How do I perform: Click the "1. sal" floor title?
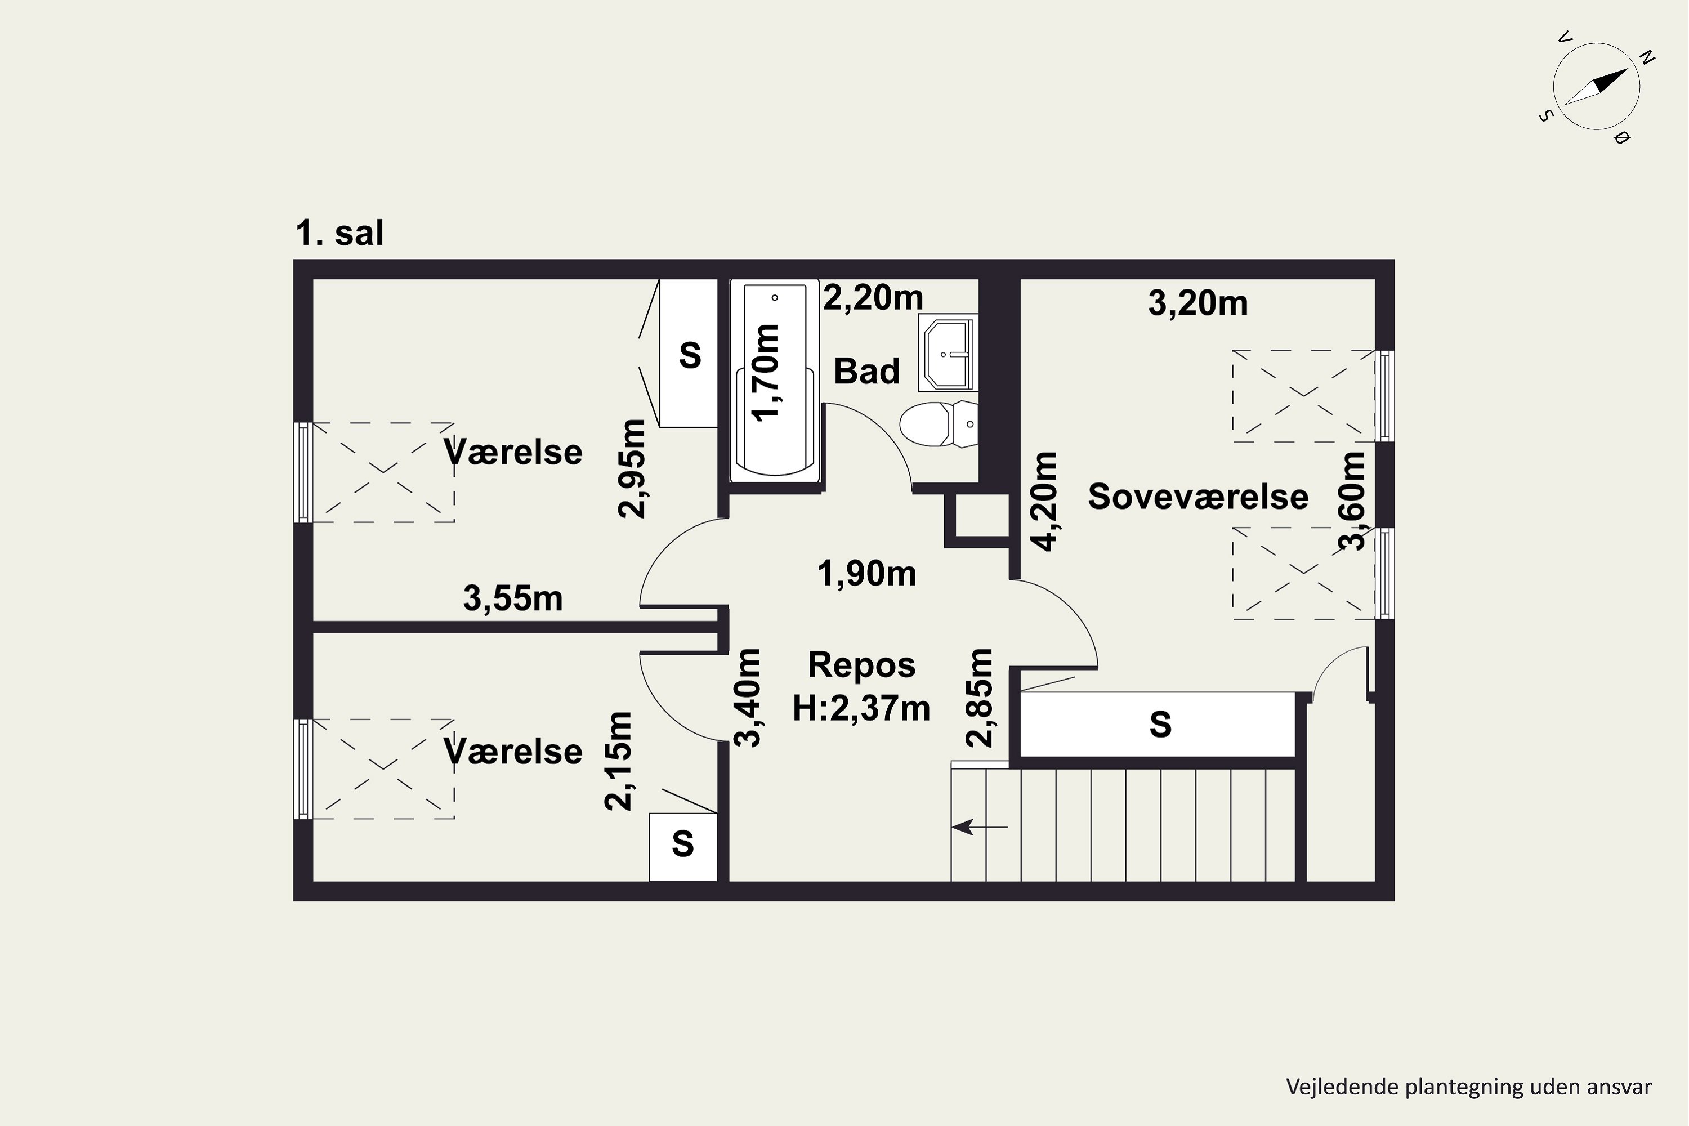pos(339,234)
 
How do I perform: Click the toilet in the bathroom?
pos(939,424)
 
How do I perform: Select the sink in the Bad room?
pos(949,354)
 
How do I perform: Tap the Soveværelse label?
pos(1198,497)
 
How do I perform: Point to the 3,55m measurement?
pos(513,598)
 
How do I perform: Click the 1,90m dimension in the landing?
pos(867,574)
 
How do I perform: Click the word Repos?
pos(862,665)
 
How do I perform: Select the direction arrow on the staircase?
pos(980,827)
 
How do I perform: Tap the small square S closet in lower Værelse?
pos(683,847)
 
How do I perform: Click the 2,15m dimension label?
pos(618,761)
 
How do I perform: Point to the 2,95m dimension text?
pos(632,468)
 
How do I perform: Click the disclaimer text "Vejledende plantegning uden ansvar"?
pos(1468,1087)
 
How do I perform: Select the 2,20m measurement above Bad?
pos(873,297)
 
